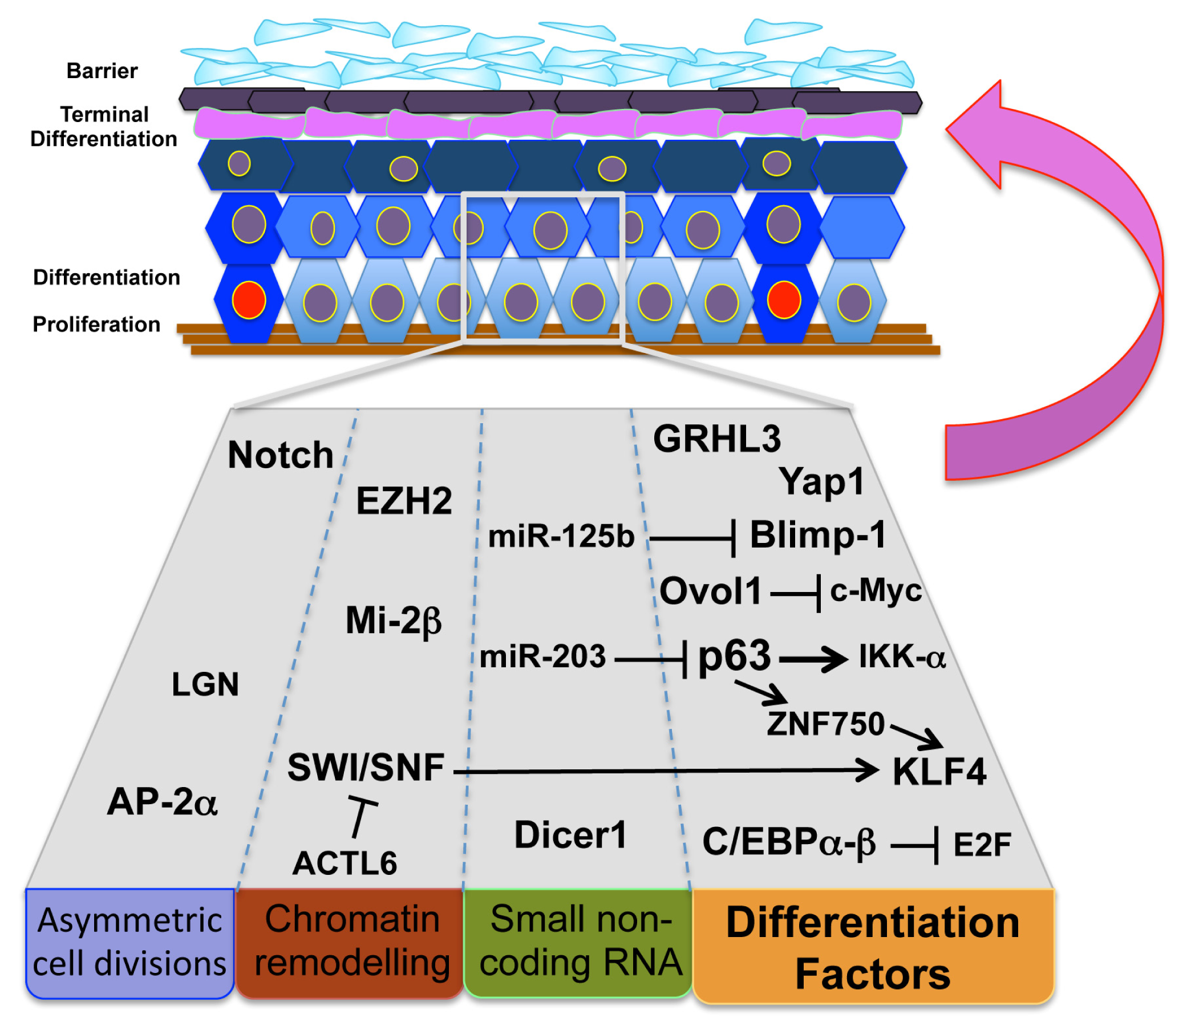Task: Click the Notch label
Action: coord(281,456)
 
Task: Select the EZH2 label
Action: coord(404,501)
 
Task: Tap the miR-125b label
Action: coord(561,537)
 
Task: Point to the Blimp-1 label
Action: coord(818,536)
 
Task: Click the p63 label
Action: coord(734,656)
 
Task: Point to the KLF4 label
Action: coord(939,772)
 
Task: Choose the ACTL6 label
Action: coord(345,865)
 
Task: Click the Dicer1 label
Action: coord(570,836)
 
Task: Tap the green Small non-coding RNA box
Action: coord(578,943)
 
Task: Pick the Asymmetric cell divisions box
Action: coord(130,943)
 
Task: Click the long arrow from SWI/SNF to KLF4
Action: coord(663,771)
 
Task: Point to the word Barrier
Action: coord(102,71)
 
